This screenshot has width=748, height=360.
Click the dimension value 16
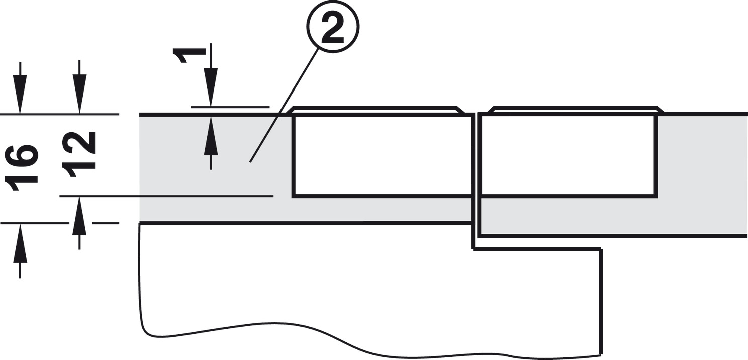pyautogui.click(x=21, y=167)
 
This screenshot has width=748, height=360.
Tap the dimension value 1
pyautogui.click(x=189, y=55)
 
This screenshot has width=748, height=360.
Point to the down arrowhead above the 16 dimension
pyautogui.click(x=20, y=94)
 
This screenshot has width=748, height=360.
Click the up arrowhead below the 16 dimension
pyautogui.click(x=20, y=243)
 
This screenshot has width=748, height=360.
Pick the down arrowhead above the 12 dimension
pyautogui.click(x=79, y=94)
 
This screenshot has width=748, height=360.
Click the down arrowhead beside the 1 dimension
pyautogui.click(x=211, y=87)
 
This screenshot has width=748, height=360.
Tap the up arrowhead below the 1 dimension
pyautogui.click(x=211, y=136)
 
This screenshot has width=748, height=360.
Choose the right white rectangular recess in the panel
pyautogui.click(x=568, y=155)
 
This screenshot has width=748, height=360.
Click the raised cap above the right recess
pyautogui.click(x=576, y=110)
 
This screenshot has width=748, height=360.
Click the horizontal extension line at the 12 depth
pyautogui.click(x=166, y=196)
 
